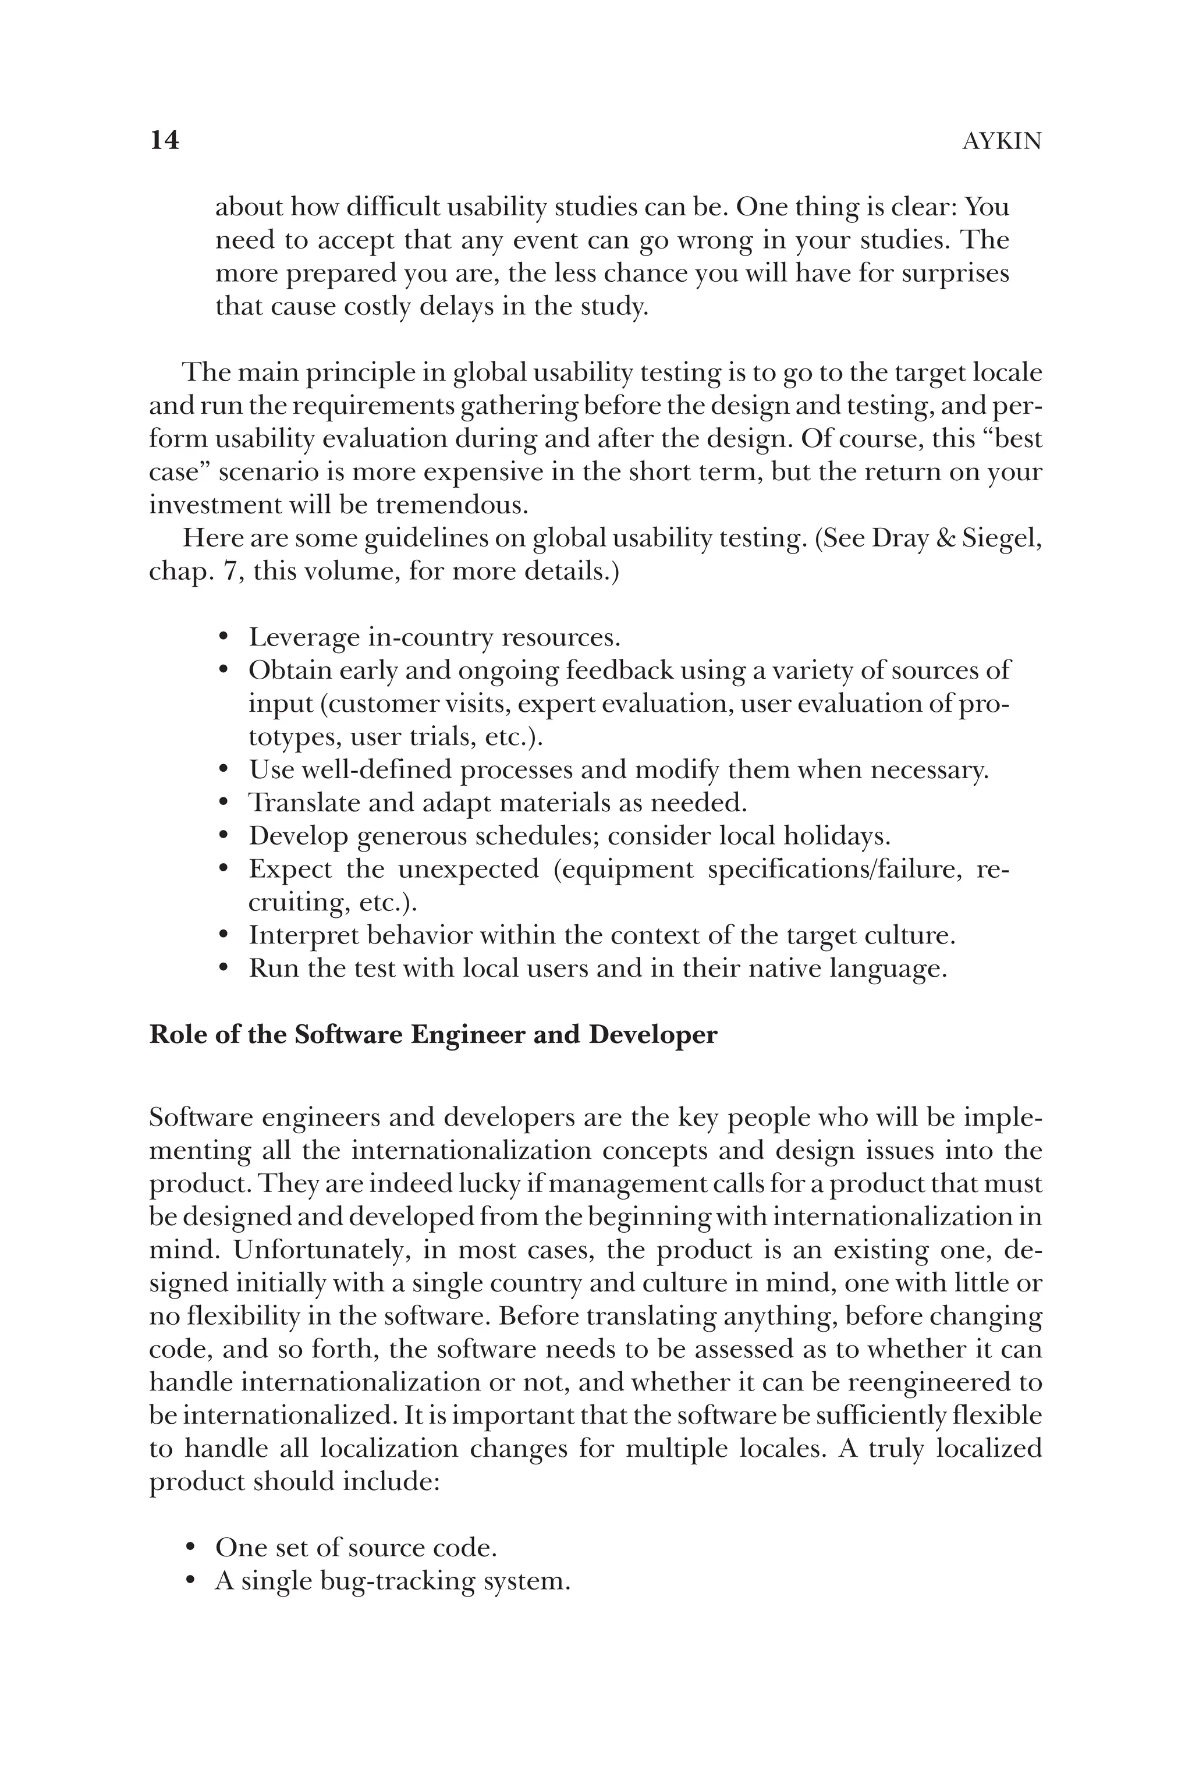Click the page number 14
[164, 141]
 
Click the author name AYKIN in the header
[1001, 141]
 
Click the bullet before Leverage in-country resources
[223, 637]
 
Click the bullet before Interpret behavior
[223, 936]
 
